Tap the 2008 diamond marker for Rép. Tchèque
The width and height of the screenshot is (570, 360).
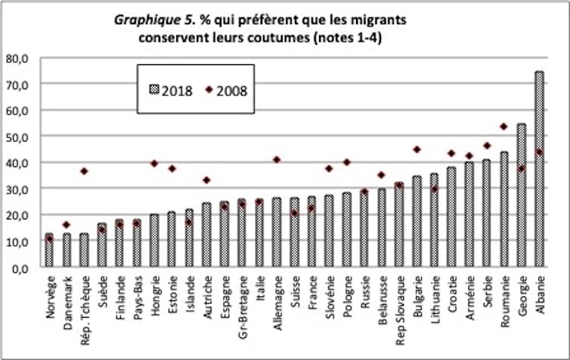84,172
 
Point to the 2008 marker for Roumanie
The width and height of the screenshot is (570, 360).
503,126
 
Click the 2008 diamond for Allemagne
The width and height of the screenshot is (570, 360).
277,160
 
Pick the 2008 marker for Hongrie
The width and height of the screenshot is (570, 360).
154,163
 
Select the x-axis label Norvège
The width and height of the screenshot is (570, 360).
50,299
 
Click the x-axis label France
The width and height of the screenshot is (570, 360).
312,295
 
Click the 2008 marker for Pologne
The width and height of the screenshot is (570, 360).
347,162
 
